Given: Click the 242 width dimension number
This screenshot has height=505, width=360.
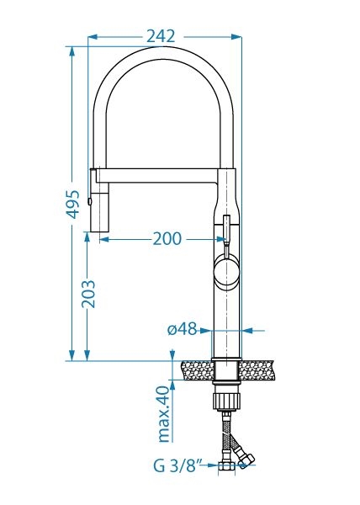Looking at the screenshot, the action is coord(161,36).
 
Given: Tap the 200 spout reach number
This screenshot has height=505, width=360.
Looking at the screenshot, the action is coord(167,239).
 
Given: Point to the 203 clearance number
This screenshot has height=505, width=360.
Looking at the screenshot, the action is coord(88,294).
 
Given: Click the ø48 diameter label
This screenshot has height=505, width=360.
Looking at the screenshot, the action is coord(182,329).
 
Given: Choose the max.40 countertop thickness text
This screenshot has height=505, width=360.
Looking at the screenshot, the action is coord(164,414).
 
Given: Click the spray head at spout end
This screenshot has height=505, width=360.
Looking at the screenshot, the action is coord(100,200).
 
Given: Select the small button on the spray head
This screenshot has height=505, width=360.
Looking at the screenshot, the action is coord(89,201).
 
